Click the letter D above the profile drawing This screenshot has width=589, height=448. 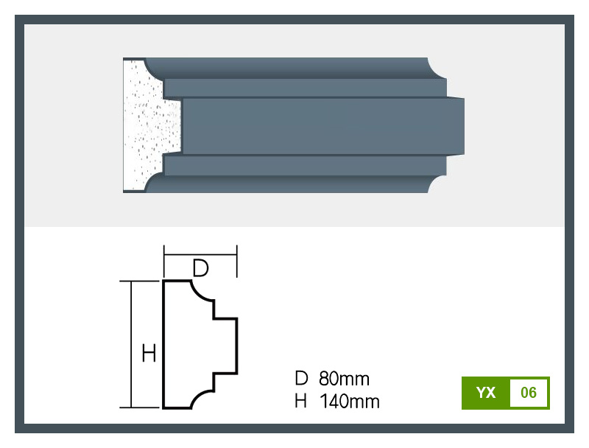click(x=200, y=268)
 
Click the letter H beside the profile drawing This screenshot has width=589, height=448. click(x=149, y=353)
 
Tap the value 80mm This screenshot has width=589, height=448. click(x=344, y=379)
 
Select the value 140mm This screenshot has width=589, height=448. click(x=350, y=402)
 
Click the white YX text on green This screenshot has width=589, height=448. click(x=486, y=393)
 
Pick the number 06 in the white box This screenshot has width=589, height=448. click(x=529, y=393)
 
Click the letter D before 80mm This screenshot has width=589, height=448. click(x=301, y=378)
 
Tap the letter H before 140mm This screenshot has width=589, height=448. click(x=300, y=401)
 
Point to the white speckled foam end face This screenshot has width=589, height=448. click(x=150, y=126)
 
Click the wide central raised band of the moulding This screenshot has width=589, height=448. click(x=323, y=126)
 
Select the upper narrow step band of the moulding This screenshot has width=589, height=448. click(x=305, y=88)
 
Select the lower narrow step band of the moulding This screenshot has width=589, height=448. click(x=305, y=165)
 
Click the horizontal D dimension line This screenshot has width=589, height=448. click(x=200, y=255)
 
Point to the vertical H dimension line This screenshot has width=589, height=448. click(x=131, y=344)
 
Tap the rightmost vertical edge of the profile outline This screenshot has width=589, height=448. click(x=236, y=346)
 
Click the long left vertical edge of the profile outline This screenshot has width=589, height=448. click(x=163, y=344)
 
